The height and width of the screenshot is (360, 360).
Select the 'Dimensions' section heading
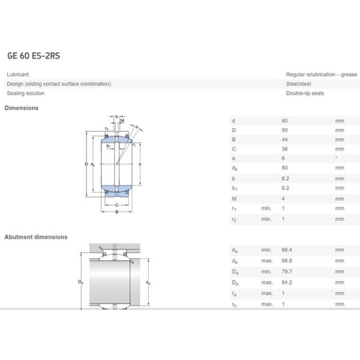click(22, 108)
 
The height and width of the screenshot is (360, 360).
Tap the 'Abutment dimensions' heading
click(36, 237)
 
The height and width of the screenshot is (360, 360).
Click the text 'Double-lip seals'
click(305, 94)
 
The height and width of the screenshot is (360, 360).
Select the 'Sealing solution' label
click(26, 94)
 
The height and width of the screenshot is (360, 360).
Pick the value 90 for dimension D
click(285, 130)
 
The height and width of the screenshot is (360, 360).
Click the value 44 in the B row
click(285, 139)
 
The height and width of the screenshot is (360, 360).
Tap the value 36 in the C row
click(285, 149)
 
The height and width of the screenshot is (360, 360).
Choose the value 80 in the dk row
click(285, 168)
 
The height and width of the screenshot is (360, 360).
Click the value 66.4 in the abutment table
click(287, 249)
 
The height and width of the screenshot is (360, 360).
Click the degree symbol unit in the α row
click(336, 158)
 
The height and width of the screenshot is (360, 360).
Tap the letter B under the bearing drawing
click(116, 212)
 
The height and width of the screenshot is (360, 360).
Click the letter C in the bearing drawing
click(116, 205)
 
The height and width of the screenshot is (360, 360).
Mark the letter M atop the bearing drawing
click(122, 121)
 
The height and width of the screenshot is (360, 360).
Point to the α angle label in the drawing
click(136, 127)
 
